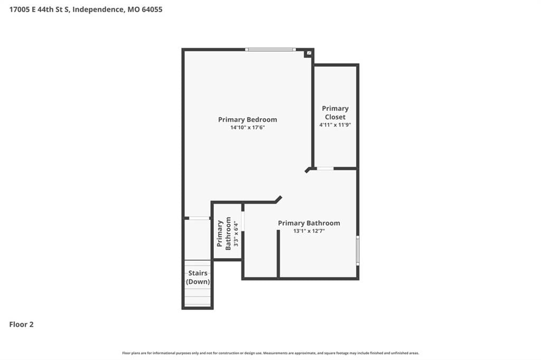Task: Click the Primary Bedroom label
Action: (247, 120)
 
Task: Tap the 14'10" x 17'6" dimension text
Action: (247, 128)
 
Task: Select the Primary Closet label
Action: (335, 113)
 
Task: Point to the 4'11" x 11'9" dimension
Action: (335, 125)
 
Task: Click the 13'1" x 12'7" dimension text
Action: (309, 231)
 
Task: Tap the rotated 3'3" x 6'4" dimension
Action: (236, 234)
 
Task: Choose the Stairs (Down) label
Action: (198, 277)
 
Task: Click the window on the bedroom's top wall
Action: (270, 50)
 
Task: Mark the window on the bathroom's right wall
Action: (358, 251)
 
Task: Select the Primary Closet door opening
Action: (325, 168)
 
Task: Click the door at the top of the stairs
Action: (199, 219)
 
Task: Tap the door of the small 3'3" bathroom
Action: (243, 221)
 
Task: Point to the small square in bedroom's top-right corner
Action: (309, 53)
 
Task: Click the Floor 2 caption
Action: (21, 325)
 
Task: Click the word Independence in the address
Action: (98, 10)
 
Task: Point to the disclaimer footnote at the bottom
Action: (270, 353)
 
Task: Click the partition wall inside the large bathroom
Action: (278, 253)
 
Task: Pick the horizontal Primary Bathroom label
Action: (309, 223)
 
